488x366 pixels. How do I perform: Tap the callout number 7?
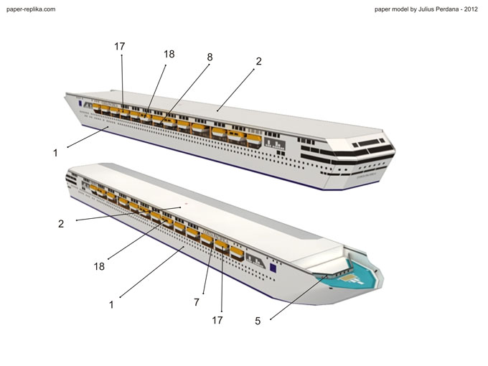(x=196, y=302)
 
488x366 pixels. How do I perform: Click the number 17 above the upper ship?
(x=120, y=47)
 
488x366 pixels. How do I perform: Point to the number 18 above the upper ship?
(x=169, y=54)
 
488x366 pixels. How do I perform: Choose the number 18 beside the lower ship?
(x=99, y=266)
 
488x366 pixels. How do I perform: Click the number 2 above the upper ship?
(x=258, y=62)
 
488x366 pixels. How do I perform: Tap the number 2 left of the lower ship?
(x=61, y=223)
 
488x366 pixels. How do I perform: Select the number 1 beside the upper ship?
(x=55, y=152)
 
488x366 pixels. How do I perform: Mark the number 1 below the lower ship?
(x=111, y=304)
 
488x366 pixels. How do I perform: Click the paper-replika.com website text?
(x=30, y=9)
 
